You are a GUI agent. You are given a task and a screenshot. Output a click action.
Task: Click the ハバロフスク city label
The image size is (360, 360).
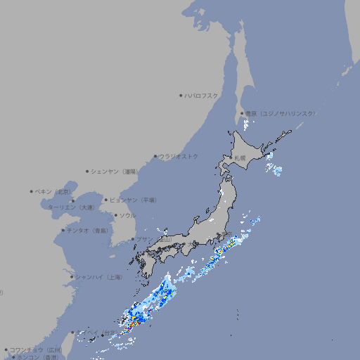[x=201, y=95]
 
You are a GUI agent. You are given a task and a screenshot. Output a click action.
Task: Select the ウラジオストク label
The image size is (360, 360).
[x=179, y=156]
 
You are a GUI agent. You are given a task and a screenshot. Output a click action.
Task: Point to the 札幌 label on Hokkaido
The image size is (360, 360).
[x=240, y=157]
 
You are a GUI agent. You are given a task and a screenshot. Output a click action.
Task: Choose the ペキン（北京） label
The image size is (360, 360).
[x=53, y=191]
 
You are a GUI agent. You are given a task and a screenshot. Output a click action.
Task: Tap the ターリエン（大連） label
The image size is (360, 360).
[x=71, y=207]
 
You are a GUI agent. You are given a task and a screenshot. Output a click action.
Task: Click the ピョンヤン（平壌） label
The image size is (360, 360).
[x=134, y=200]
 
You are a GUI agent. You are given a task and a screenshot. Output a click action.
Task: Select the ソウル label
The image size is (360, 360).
[x=127, y=215]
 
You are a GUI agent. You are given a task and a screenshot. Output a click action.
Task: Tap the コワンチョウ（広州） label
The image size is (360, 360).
[x=36, y=349]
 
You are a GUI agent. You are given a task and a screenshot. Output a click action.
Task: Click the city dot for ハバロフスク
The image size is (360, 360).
[x=181, y=95]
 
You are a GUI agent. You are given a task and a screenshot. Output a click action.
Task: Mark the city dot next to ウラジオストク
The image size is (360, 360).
[x=155, y=156]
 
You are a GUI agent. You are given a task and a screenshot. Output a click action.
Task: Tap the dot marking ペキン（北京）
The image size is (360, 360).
[x=32, y=191]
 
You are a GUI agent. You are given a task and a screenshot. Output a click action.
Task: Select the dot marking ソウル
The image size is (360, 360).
[x=115, y=215]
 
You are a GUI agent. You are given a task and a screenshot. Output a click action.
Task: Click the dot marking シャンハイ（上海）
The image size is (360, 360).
[x=72, y=277]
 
